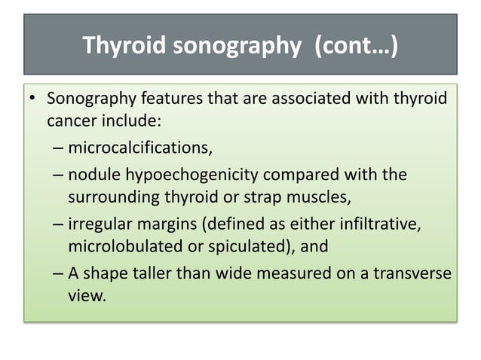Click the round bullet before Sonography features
(32, 100)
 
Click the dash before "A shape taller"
(58, 273)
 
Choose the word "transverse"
(414, 273)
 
